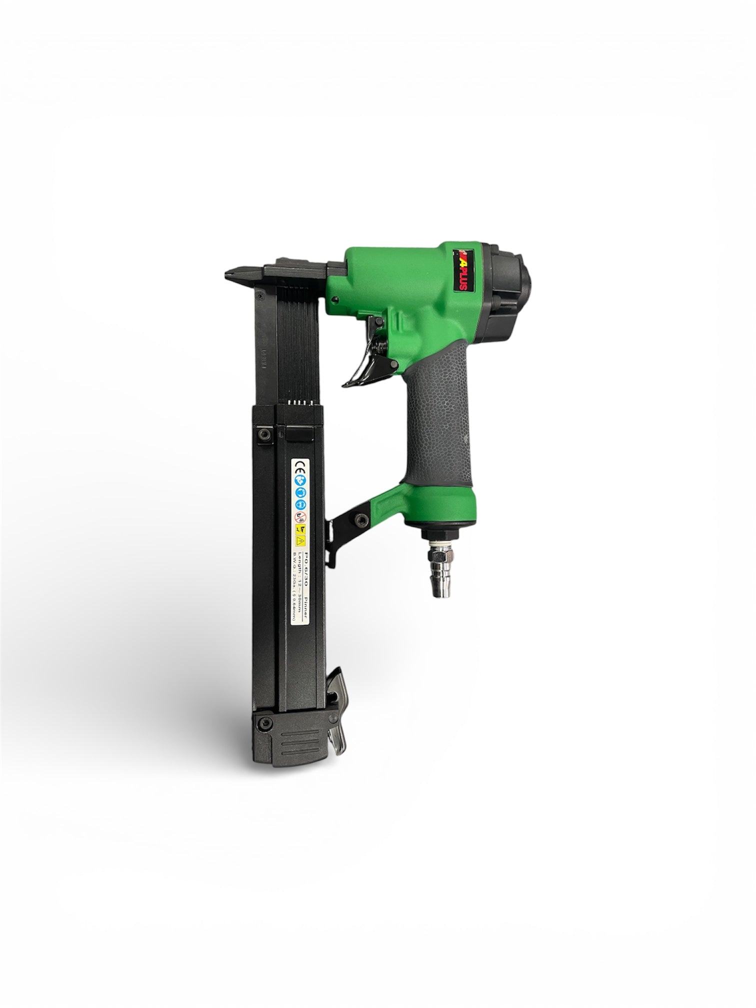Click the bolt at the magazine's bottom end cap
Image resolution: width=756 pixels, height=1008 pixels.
(x=264, y=722)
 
